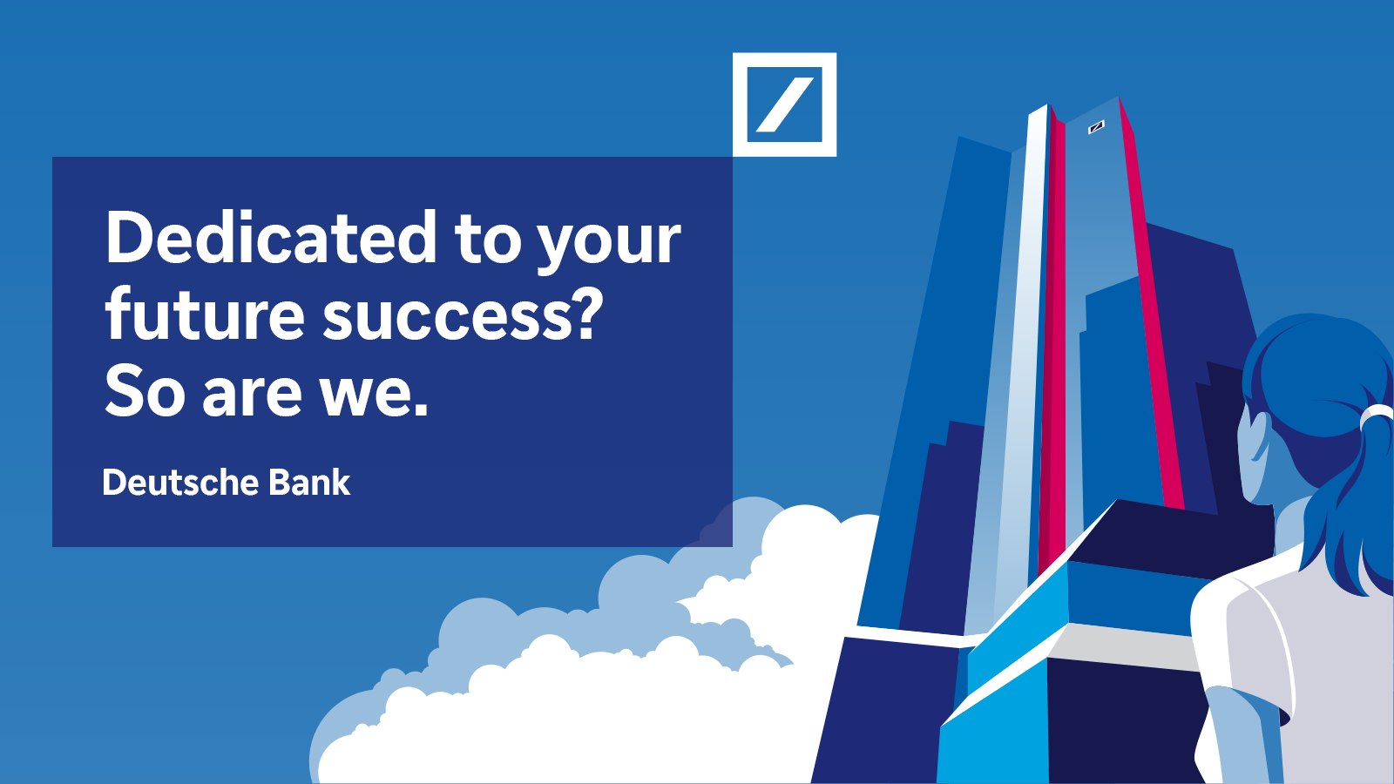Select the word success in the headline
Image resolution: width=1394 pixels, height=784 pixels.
click(446, 315)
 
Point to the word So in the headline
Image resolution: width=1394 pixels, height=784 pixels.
click(145, 392)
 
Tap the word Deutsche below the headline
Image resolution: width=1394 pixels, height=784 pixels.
click(179, 483)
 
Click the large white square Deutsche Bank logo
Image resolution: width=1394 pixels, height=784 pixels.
click(784, 105)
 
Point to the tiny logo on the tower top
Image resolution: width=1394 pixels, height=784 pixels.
click(1096, 127)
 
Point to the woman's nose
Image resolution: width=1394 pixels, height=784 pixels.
click(1241, 436)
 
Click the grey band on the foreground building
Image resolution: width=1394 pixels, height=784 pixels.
click(1124, 645)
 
